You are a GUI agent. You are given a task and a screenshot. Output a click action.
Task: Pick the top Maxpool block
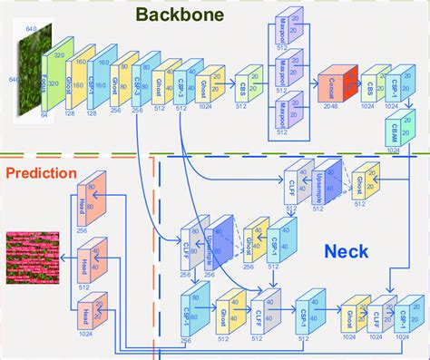coord(282,38)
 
